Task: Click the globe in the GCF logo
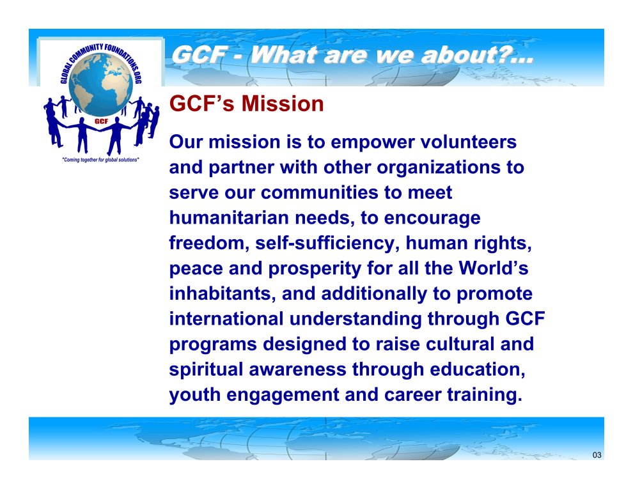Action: (101, 84)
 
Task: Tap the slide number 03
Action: (597, 455)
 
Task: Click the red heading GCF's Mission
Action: (246, 104)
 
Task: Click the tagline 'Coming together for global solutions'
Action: (100, 160)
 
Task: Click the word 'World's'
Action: (494, 268)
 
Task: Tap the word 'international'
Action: (226, 319)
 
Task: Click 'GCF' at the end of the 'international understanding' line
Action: (525, 319)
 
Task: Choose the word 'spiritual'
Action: (206, 370)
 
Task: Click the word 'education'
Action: (478, 369)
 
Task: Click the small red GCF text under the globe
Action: (101, 121)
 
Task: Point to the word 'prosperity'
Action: (315, 269)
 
